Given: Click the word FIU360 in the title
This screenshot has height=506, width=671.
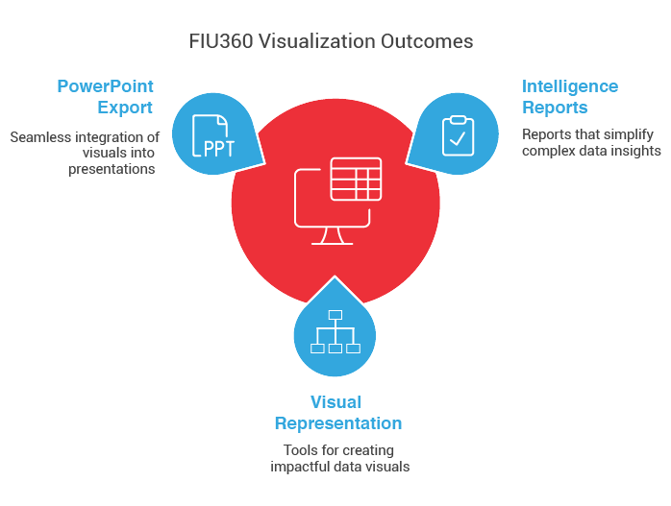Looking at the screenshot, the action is tap(221, 41).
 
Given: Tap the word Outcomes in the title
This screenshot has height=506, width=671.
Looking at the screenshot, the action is tap(427, 41).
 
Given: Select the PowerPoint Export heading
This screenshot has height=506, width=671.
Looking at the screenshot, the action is tap(106, 97).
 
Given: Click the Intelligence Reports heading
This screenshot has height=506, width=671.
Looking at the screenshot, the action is tap(570, 97).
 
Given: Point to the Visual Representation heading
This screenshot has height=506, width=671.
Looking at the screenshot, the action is tap(338, 413).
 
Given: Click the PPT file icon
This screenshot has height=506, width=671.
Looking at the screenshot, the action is tap(213, 136).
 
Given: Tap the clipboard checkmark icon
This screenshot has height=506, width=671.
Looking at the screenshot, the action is tap(458, 135).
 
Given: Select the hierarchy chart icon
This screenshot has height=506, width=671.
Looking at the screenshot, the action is tap(335, 331).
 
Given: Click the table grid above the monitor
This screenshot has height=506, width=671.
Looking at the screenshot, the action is tap(356, 179).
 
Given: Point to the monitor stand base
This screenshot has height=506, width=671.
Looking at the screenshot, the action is tap(332, 244).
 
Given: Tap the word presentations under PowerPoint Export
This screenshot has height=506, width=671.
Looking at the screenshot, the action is tap(112, 169).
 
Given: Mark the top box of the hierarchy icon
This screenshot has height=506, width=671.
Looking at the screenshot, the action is tap(335, 315).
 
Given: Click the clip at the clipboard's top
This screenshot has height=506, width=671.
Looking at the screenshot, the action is tap(458, 120).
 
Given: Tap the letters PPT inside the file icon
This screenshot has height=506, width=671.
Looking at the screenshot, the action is tap(219, 149).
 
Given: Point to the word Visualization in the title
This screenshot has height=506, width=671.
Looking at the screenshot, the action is tap(316, 41).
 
